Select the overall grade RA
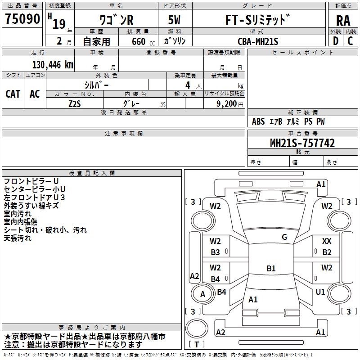click(x=343, y=20)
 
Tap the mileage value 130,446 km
click(x=53, y=64)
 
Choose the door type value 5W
click(x=175, y=20)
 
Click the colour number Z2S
click(x=75, y=103)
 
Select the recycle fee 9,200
click(x=227, y=103)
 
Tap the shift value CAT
click(x=13, y=94)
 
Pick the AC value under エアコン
click(x=35, y=94)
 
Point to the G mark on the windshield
click(x=284, y=237)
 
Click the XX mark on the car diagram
click(x=327, y=242)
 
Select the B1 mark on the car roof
click(x=271, y=269)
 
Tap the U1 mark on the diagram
click(x=320, y=292)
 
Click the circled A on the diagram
click(x=202, y=294)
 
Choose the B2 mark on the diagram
click(x=327, y=252)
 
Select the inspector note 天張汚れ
click(x=18, y=238)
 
